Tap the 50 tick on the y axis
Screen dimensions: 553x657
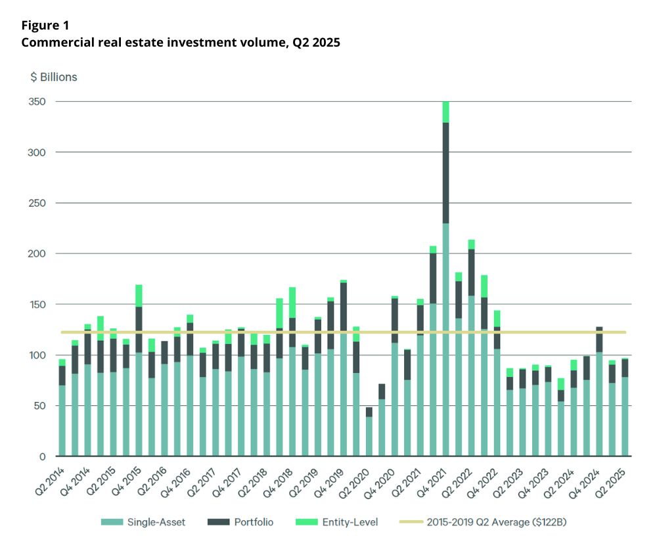tap(41, 406)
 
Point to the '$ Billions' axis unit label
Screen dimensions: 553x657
tap(54, 77)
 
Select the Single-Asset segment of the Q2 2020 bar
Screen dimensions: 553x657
tap(369, 437)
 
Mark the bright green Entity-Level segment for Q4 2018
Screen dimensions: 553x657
tap(292, 303)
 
